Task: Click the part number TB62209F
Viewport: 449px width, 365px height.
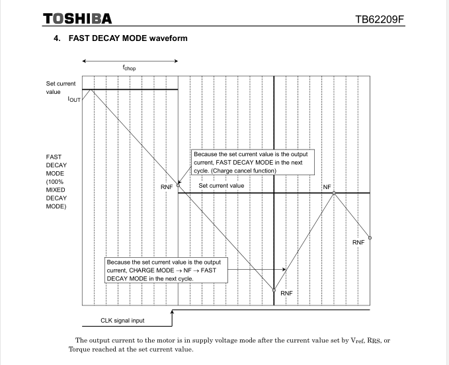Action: (379, 19)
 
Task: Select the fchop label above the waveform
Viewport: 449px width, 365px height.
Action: (130, 67)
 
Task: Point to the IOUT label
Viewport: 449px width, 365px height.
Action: (74, 100)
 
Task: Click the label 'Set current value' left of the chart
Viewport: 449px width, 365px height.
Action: (61, 88)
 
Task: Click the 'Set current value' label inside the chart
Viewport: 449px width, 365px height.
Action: (222, 186)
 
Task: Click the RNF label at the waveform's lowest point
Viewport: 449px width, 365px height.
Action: (286, 293)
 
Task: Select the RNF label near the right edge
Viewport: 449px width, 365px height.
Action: (358, 243)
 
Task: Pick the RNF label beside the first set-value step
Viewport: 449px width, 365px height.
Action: (167, 187)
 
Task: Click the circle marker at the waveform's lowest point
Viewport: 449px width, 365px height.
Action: (274, 290)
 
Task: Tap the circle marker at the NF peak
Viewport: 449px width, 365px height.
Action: (334, 193)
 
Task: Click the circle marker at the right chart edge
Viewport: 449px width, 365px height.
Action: (370, 237)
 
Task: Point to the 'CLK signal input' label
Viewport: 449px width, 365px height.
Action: (122, 321)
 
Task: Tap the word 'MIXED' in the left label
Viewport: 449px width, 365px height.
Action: (56, 190)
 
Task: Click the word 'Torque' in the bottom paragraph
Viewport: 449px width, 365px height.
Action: (79, 349)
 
